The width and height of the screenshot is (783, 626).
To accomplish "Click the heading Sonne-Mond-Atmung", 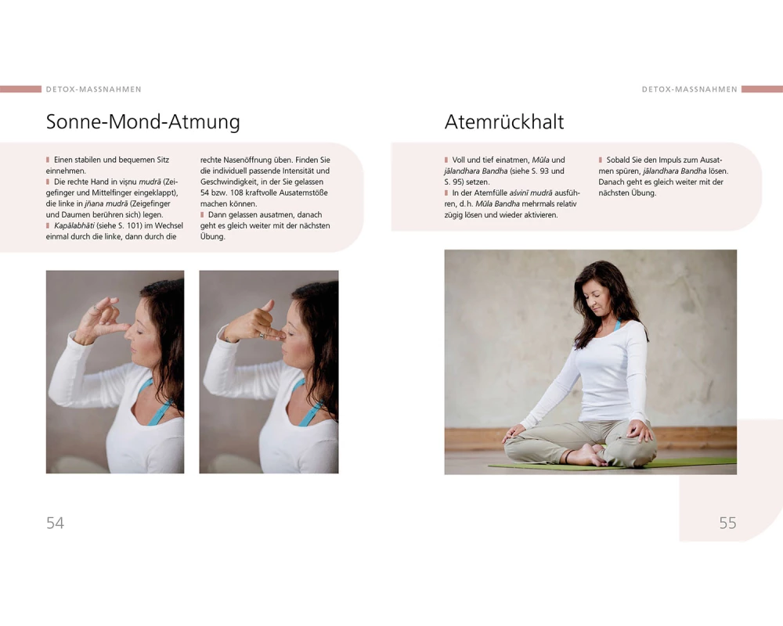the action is coord(143,122).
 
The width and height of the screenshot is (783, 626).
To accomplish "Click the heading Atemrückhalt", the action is coord(504,122).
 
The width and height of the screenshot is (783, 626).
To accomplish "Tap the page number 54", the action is coord(55,523).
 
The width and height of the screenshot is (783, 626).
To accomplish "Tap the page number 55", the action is coord(727,523).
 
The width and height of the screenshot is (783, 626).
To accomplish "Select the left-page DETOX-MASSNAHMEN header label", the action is coord(94,89).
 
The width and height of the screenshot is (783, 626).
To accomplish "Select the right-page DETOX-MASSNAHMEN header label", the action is coord(690,89).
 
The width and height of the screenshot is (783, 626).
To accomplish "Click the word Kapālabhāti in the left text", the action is coord(74,225).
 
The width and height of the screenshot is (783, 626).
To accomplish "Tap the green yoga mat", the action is coord(614,466).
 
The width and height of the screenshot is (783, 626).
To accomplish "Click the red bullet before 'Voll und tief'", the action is coord(446,160).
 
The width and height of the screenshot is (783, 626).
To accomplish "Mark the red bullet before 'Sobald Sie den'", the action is coord(601,160).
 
